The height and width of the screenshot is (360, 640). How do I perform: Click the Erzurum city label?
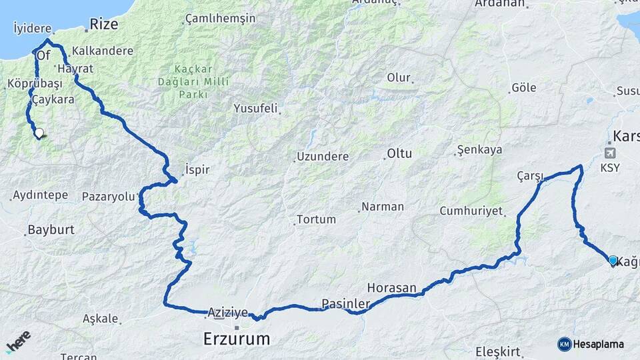point(237,339)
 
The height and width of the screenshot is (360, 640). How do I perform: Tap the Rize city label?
point(104,25)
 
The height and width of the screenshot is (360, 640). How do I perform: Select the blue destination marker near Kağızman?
point(613,260)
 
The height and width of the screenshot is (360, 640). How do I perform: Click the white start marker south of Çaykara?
point(39,133)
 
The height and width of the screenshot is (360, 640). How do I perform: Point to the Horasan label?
point(391,288)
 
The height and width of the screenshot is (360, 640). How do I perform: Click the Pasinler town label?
point(345,304)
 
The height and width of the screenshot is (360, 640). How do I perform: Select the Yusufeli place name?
point(255,108)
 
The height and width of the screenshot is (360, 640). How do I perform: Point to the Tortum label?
point(316,219)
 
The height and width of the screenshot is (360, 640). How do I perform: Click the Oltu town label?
point(399,154)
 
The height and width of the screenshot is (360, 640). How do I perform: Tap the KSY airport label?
point(609,168)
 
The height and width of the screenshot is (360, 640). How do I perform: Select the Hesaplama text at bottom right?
point(599,344)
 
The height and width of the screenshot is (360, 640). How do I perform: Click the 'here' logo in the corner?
point(18,341)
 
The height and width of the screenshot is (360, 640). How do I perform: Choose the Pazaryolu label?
point(108,197)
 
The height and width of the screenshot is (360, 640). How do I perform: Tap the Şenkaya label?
point(479,150)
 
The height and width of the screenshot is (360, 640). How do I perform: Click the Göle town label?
point(523,88)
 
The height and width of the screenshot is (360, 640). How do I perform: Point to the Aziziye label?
point(227,312)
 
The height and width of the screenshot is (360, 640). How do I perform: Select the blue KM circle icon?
point(565,344)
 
